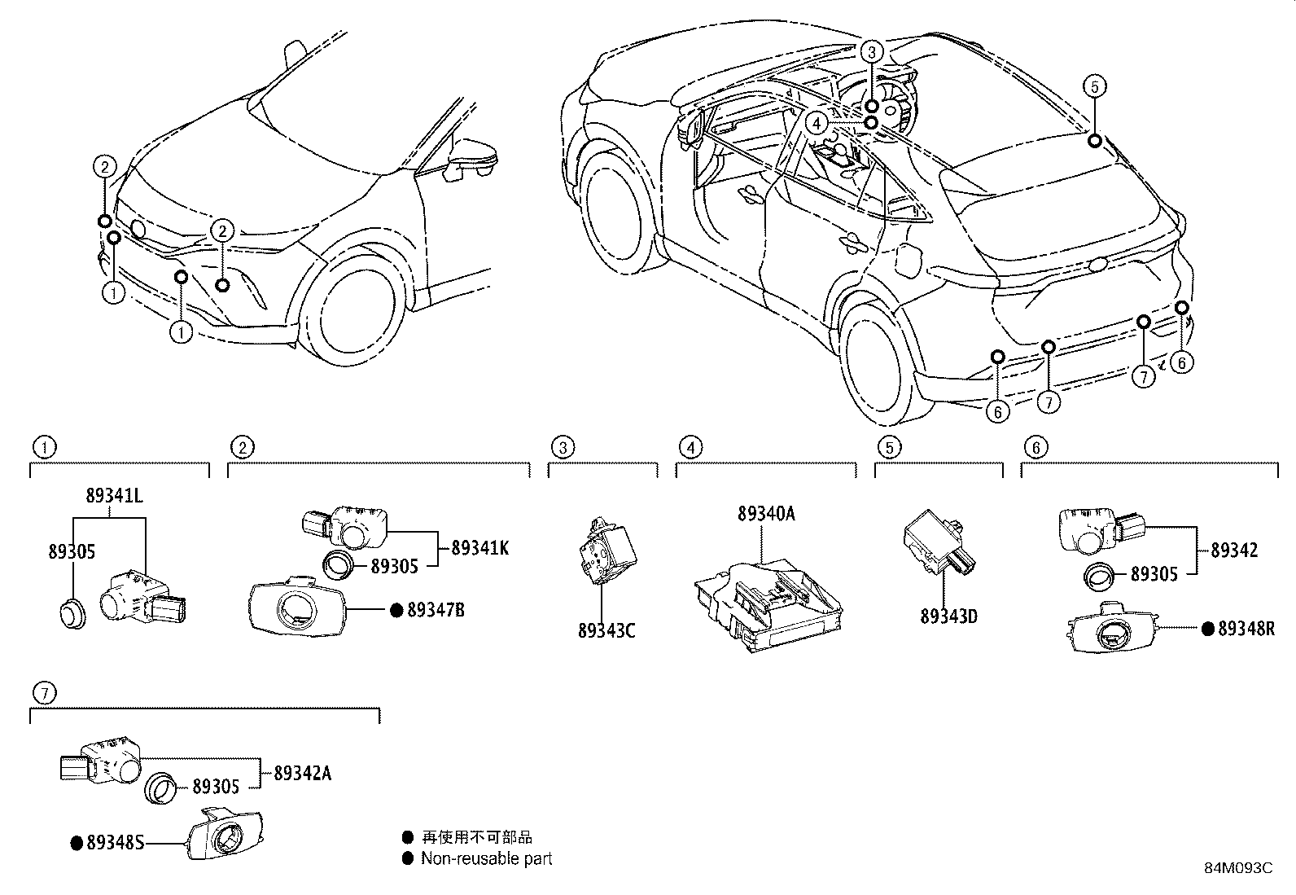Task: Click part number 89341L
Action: [114, 495]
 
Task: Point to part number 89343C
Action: [606, 630]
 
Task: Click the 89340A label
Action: [766, 514]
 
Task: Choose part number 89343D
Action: [948, 616]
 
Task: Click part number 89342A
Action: [302, 773]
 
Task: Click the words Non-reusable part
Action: [486, 858]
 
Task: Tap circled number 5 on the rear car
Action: [1095, 86]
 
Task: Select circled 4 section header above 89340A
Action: [689, 446]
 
